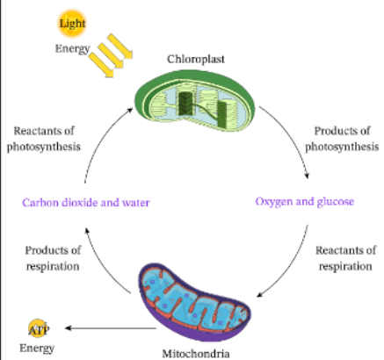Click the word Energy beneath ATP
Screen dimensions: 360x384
(37, 348)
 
